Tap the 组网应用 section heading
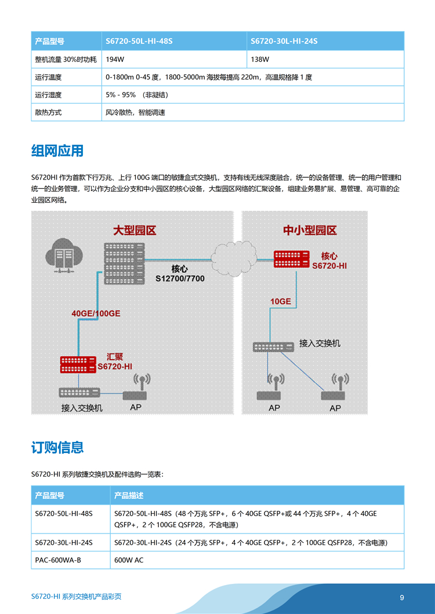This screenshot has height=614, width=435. point(57,151)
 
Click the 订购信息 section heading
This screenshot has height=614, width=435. point(57,447)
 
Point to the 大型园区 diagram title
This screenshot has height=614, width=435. point(135,231)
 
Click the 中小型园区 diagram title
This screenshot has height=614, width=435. point(310,231)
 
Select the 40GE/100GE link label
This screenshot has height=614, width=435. point(96,313)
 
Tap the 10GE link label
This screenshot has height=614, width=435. point(281,301)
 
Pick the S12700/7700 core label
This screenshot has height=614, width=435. point(180,278)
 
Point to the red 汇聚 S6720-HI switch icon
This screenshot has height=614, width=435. point(78,364)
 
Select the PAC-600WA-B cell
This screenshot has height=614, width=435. point(58,560)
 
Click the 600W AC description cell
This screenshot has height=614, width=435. point(129,560)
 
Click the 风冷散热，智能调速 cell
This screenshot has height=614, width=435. point(135,112)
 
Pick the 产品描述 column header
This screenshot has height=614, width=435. point(129,496)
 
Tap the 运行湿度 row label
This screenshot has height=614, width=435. point(48,95)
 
